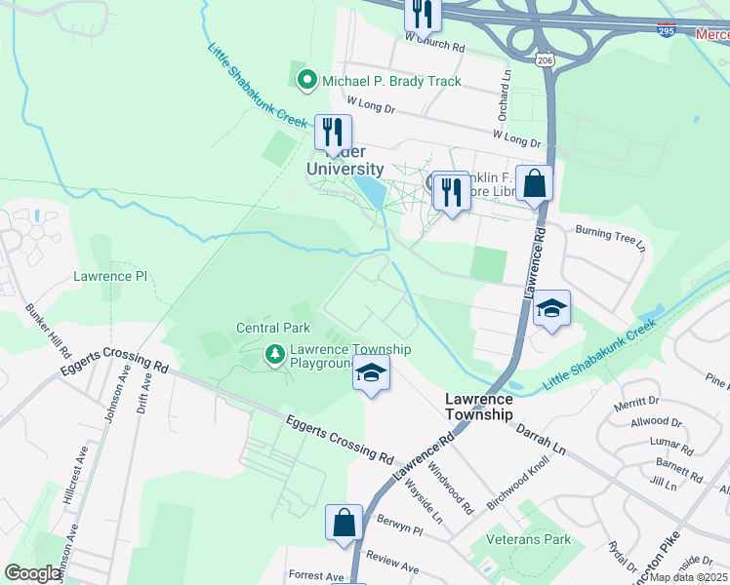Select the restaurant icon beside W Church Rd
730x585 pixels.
coord(424,13)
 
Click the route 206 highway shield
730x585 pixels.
coord(545,60)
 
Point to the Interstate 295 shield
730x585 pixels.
coord(667,31)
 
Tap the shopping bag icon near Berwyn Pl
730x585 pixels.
coord(345,523)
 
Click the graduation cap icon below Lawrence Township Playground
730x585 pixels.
coord(371,374)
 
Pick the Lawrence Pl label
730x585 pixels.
coord(109,276)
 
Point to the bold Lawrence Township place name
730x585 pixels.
coord(478,407)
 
